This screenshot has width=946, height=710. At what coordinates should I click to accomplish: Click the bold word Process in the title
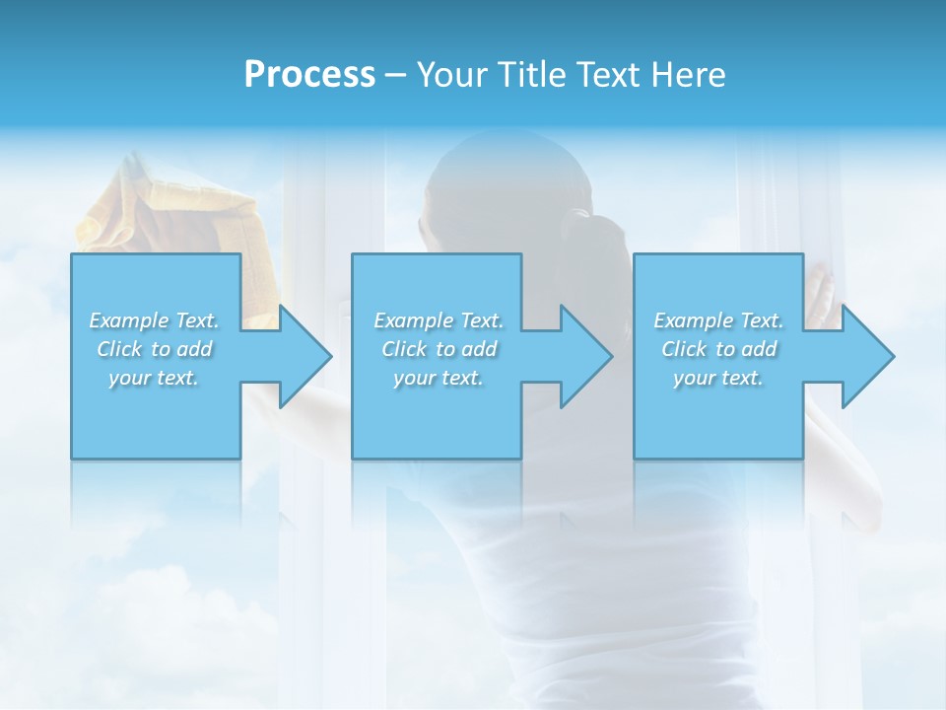coord(309,75)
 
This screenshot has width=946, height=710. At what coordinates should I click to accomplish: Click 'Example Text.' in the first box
coord(155,320)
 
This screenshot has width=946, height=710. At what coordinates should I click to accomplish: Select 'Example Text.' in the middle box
coord(439,320)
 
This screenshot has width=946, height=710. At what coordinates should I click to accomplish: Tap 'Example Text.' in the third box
coord(718,320)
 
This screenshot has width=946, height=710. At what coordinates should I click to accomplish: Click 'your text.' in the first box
coord(155,378)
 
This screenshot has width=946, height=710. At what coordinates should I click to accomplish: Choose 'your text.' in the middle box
coord(439,378)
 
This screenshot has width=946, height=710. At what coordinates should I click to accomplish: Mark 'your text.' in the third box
coord(718,378)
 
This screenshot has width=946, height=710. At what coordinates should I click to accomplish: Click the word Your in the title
coord(450,75)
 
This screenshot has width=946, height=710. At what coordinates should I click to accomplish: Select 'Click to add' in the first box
coord(155,349)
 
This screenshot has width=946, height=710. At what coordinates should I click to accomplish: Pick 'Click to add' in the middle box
coord(439,349)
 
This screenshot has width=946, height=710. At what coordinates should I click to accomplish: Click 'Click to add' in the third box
coord(718,349)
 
